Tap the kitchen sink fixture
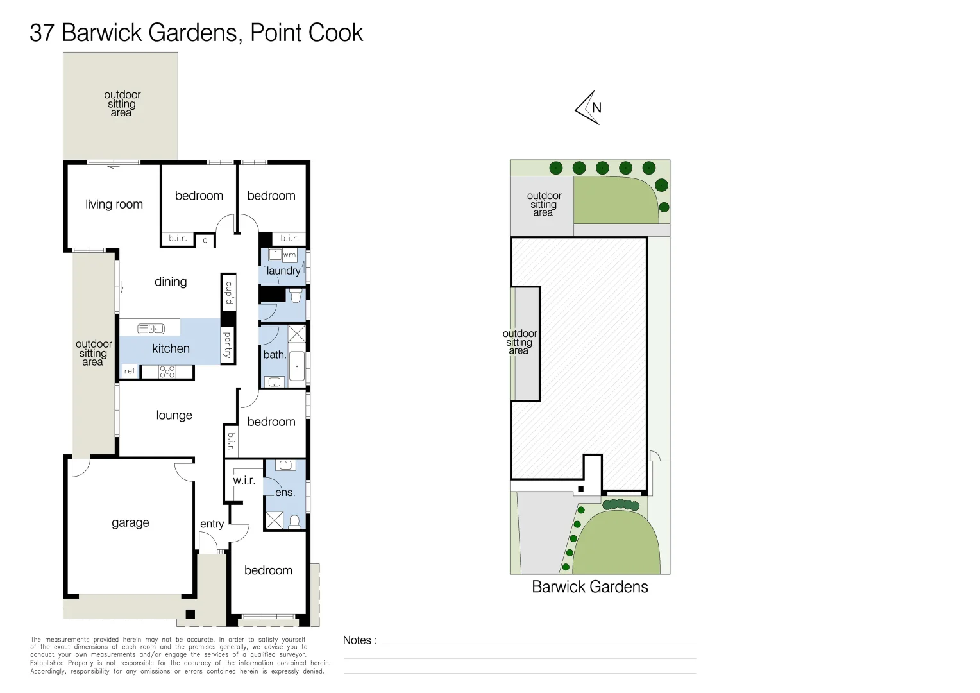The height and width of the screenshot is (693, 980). coord(151,329)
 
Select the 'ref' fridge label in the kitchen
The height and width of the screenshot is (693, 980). coord(130,372)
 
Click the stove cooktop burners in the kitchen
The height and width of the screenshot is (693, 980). coord(167,372)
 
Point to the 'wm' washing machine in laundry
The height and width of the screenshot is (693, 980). coord(289,255)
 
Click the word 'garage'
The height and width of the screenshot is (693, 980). coord(130,523)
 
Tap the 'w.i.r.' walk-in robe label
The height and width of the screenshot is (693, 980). coord(244,480)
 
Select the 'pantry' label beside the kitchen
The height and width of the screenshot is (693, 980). coord(228,345)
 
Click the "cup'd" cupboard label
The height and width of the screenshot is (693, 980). coord(229,293)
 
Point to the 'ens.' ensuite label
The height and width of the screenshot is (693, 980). coord(285,493)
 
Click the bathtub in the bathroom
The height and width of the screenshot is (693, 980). coord(297,366)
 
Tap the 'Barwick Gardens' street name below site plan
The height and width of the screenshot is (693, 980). coord(590,586)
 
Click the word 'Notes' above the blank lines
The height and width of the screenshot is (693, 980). coord(357,640)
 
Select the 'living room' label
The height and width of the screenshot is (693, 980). coord(114,205)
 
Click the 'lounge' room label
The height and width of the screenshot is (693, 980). coord(174,415)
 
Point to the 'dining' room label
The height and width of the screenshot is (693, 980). coord(171,282)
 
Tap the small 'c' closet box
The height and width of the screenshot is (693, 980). coord(205,241)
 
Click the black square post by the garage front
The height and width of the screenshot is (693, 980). coord(190,614)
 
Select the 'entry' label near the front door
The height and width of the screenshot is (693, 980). coord(212,524)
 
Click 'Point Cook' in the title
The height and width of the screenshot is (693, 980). coord(307,33)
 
